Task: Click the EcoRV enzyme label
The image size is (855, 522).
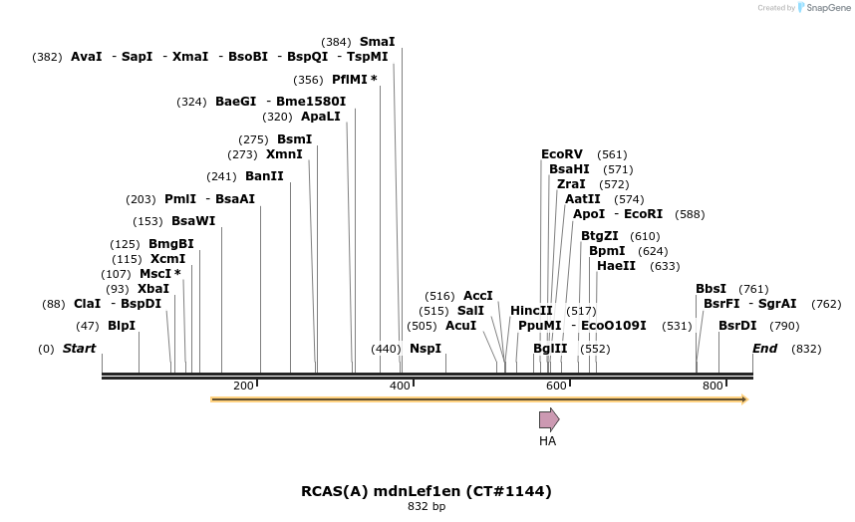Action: point(561,154)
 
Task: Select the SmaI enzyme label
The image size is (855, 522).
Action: point(377,42)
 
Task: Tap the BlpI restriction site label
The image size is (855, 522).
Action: point(122,325)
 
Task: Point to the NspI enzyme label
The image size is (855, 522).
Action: point(426,349)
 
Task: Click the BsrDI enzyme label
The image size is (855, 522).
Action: point(737,325)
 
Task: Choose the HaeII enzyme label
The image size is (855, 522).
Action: point(616,266)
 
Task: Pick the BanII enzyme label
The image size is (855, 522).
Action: point(264,176)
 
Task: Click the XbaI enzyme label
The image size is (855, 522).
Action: point(153,289)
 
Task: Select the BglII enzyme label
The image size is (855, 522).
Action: point(550,349)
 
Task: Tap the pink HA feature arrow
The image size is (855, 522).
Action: point(549,419)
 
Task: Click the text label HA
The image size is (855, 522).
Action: point(547,440)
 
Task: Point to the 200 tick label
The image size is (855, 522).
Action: point(243,386)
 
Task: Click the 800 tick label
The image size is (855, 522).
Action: point(712,386)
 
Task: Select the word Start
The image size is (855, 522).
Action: point(79,349)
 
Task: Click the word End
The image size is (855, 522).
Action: point(764,349)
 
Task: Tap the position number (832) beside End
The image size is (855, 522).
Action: point(806,349)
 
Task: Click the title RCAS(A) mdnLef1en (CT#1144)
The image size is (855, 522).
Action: point(427,491)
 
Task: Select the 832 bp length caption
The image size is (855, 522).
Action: point(427,507)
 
